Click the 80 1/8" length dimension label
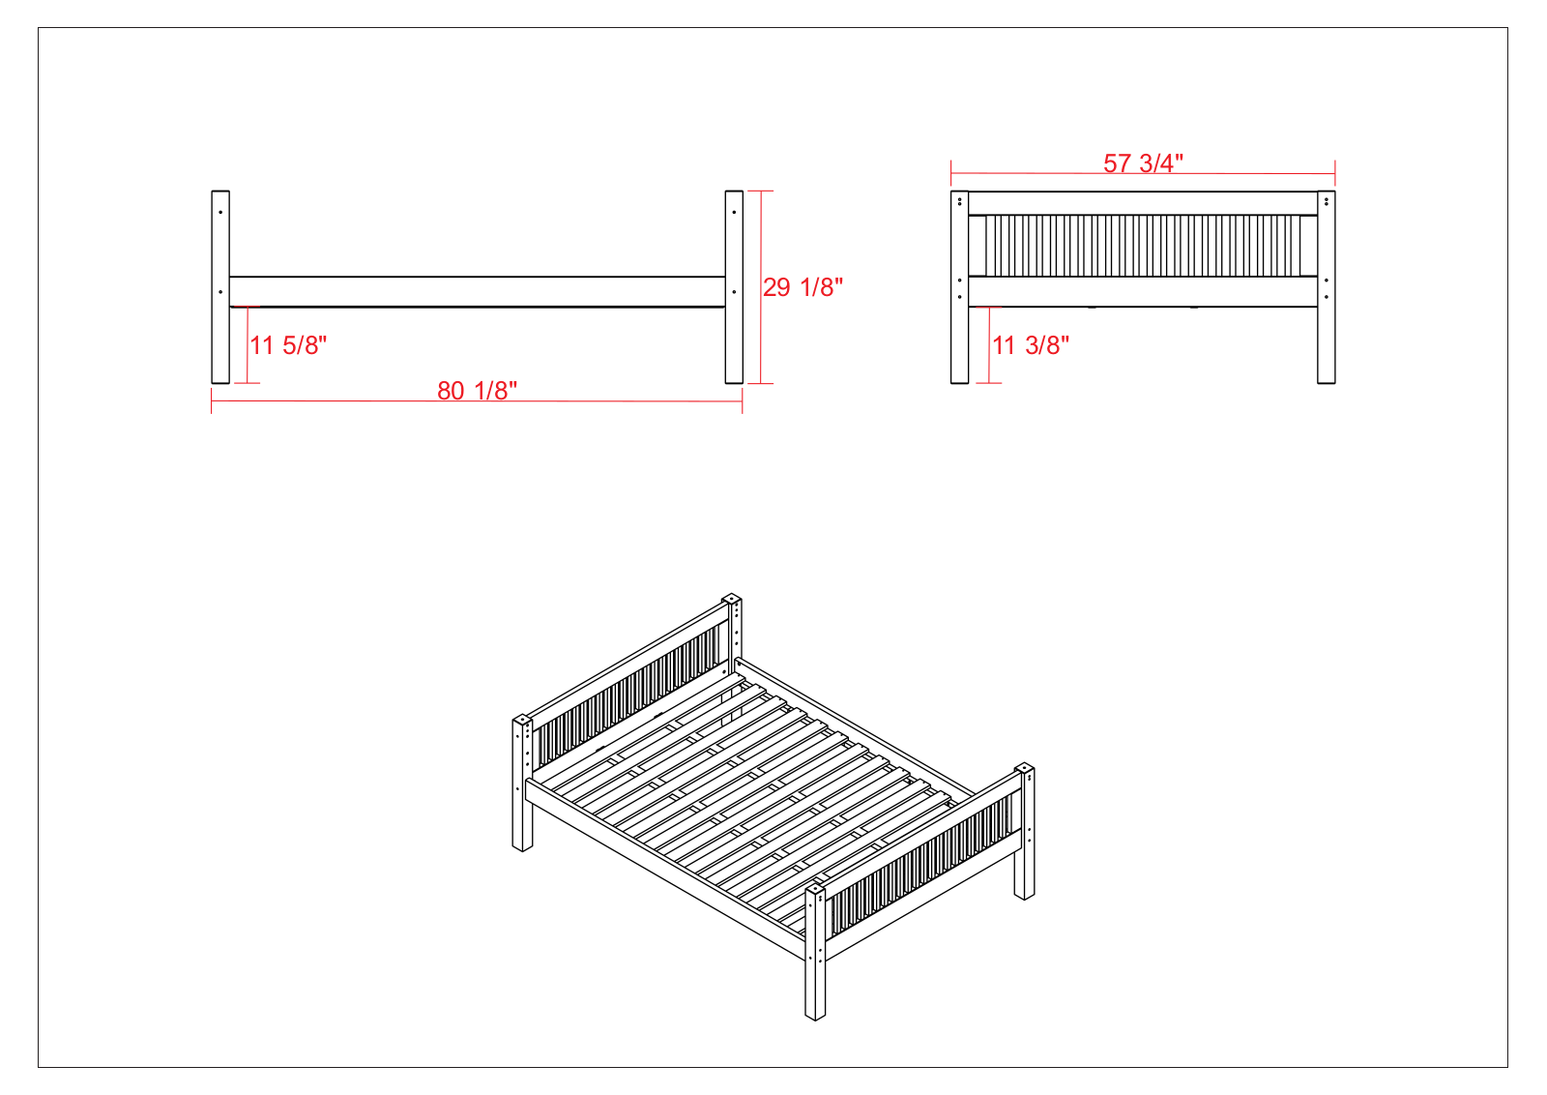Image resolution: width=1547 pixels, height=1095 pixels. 477,391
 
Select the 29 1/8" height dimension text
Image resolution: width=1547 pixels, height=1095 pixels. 803,287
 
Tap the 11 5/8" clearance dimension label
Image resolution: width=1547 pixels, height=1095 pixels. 288,345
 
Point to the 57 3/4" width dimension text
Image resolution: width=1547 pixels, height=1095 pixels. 1143,163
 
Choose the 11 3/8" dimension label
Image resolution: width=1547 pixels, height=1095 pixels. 1031,345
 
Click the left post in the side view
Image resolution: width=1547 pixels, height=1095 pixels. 220,286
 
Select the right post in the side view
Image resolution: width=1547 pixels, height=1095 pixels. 734,286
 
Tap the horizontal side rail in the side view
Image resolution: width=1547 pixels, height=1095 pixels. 478,291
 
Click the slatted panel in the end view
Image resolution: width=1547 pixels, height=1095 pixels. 1143,246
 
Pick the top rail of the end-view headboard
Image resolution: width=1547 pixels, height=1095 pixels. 1143,204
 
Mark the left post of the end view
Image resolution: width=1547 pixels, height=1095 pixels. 959,286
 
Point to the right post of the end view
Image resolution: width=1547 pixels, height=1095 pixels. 1326,286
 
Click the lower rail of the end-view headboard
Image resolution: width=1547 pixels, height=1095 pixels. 1143,291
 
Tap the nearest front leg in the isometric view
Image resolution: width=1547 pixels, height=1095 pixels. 815,954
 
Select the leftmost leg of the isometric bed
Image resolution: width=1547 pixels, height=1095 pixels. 522,784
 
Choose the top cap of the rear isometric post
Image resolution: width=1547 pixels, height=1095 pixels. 731,599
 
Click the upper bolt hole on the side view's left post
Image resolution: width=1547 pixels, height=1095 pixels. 220,212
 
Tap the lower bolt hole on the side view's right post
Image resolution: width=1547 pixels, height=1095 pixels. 734,292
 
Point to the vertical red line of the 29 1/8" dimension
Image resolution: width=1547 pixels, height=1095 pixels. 760,286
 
